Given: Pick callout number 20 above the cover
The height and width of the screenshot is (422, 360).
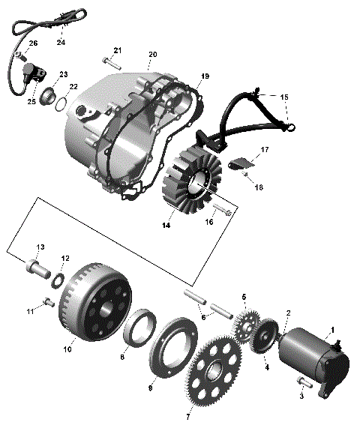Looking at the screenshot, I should coord(152,55).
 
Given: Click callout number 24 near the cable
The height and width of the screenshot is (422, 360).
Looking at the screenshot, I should coord(61,43).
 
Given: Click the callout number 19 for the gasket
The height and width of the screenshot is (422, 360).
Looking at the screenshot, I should coord(204,77).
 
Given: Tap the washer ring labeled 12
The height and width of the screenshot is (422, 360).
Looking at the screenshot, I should coord(58,280).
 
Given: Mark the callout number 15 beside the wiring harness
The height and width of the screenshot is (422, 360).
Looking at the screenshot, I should coord(283,97).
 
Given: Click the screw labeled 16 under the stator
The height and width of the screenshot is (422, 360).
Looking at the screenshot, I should coord(222,210).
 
